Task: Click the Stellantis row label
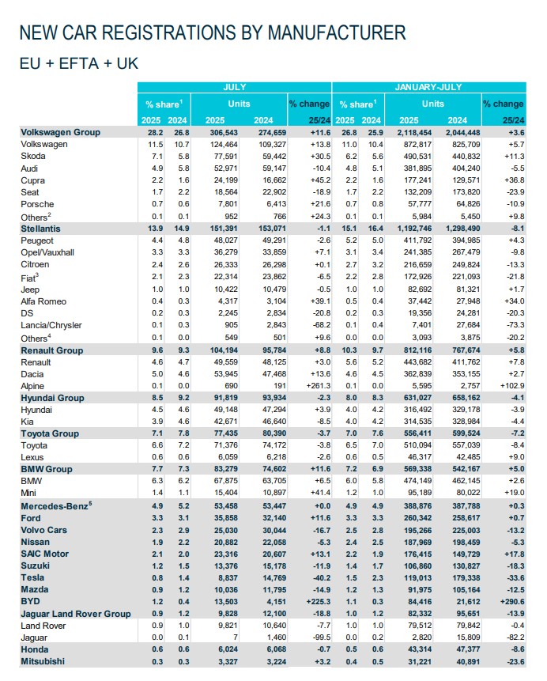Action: [42, 228]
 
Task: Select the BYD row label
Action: [32, 600]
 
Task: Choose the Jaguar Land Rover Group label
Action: [75, 613]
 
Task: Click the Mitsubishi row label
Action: [42, 660]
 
